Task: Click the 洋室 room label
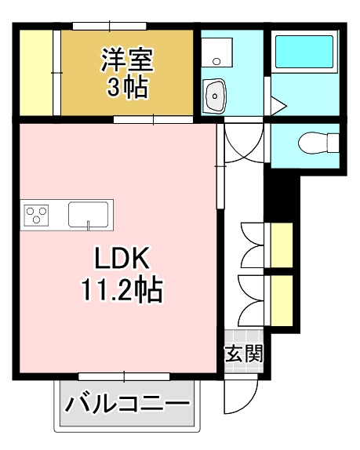[x=125, y=59]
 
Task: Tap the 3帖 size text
[x=125, y=86]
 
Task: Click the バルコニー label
[x=127, y=405]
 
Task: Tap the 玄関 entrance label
[x=244, y=354]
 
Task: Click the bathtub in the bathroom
[x=304, y=51]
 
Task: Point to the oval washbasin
[x=214, y=96]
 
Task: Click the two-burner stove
[x=36, y=214]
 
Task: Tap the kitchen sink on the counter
[x=89, y=214]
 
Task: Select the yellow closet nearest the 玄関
[x=281, y=299]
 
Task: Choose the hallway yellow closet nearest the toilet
[x=281, y=245]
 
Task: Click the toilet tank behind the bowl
[x=333, y=143]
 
